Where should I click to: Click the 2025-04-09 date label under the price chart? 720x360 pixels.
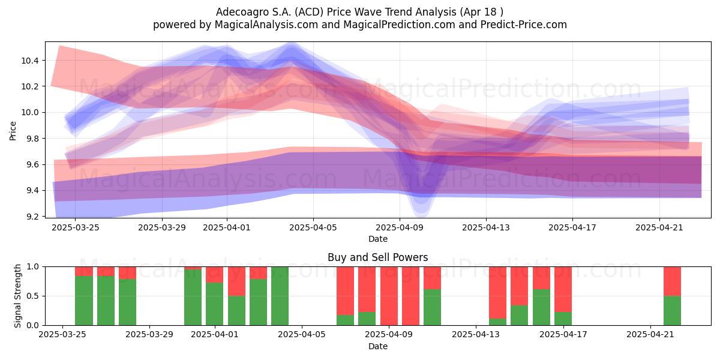click(x=400, y=227)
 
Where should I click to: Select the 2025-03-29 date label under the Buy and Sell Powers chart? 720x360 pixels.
click(x=149, y=334)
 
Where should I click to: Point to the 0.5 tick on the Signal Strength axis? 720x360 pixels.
click(x=32, y=296)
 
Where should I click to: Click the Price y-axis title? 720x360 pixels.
click(x=13, y=131)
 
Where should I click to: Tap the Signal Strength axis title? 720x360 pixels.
click(x=17, y=296)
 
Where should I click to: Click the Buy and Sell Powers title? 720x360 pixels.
click(x=377, y=257)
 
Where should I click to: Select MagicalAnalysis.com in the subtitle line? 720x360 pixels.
click(x=266, y=25)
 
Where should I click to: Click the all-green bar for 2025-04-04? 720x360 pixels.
click(x=280, y=296)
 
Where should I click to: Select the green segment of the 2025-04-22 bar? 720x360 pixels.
click(x=672, y=310)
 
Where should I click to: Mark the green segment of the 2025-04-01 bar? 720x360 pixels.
click(x=214, y=304)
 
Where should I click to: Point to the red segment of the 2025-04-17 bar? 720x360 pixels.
click(x=563, y=289)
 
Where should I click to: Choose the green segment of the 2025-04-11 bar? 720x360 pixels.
click(x=432, y=307)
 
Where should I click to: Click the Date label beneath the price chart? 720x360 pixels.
click(x=377, y=239)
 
